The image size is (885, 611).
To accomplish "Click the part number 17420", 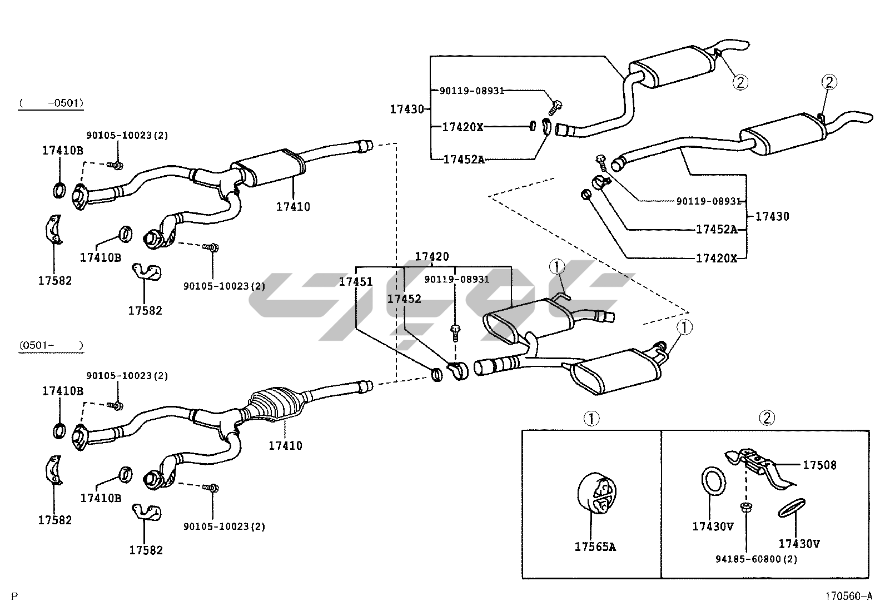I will pyautogui.click(x=432, y=257).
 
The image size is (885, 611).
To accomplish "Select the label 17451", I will pyautogui.click(x=356, y=282).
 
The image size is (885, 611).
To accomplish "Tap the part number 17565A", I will pyautogui.click(x=595, y=547).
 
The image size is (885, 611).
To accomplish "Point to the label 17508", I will pyautogui.click(x=819, y=465).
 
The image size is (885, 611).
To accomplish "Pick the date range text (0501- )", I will pyautogui.click(x=50, y=346).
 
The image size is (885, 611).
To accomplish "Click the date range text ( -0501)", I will pyautogui.click(x=51, y=103).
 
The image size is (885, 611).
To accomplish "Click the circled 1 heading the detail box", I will pyautogui.click(x=591, y=418).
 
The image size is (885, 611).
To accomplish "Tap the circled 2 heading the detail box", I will pyautogui.click(x=767, y=418).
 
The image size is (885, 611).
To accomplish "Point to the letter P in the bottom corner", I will pyautogui.click(x=14, y=597).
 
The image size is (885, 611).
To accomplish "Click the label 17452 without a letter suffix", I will pyautogui.click(x=404, y=299).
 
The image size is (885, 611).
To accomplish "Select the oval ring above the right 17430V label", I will pyautogui.click(x=792, y=508).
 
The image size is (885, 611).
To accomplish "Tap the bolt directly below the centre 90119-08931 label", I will pyautogui.click(x=455, y=333).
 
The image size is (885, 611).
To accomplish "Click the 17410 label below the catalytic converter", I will pyautogui.click(x=285, y=445).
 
